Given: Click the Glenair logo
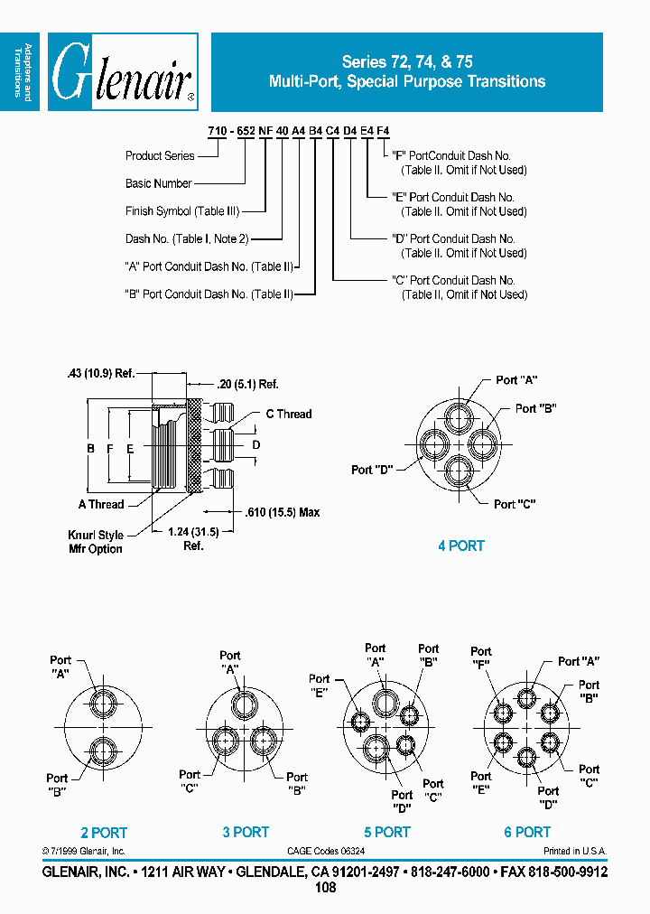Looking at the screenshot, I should [x=123, y=72].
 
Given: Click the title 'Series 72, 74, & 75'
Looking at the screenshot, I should [x=407, y=62].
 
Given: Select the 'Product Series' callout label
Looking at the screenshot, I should [x=160, y=156].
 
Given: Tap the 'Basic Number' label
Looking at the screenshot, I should [x=159, y=183].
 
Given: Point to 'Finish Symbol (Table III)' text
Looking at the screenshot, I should [x=182, y=211].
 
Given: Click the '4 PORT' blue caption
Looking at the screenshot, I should [x=460, y=546].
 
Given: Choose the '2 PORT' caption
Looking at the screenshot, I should [x=104, y=833].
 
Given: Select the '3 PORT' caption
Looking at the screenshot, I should [x=246, y=832].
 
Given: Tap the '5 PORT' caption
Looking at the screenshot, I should [x=387, y=832].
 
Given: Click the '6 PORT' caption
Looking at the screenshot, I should [x=527, y=832].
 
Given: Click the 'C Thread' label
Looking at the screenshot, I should [x=288, y=414].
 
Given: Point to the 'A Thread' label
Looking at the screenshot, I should [x=101, y=504].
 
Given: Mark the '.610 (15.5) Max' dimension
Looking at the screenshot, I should [x=283, y=512].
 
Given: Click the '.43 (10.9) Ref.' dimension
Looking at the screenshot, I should [x=100, y=373].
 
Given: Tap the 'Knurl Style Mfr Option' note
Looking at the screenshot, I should [x=96, y=542].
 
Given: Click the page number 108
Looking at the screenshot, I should [x=325, y=888].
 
